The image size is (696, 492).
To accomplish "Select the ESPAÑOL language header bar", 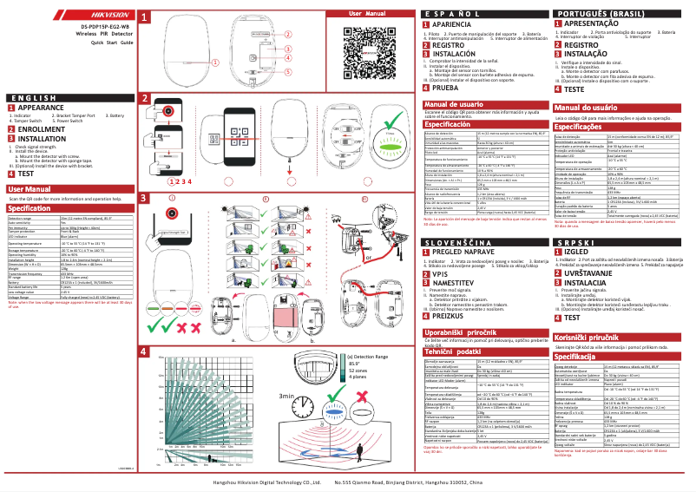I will [x=482, y=15].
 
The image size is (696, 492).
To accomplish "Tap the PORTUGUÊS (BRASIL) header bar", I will [x=620, y=15].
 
